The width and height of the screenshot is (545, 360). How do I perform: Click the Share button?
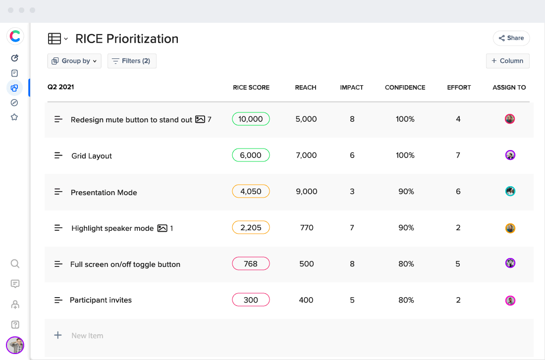(x=511, y=38)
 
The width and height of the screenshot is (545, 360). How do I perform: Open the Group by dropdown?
(x=74, y=61)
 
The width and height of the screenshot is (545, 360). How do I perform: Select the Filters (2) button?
(x=132, y=61)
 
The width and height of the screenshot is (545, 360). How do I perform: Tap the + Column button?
(x=507, y=61)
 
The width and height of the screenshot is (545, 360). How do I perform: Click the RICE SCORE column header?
(x=251, y=88)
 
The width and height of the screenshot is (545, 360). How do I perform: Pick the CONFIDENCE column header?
(x=405, y=88)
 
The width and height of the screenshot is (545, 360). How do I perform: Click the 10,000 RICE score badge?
(x=251, y=119)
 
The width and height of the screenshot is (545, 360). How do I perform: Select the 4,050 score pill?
(x=251, y=191)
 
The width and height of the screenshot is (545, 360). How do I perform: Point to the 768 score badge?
(x=251, y=264)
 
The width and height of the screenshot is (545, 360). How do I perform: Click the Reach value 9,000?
(x=306, y=192)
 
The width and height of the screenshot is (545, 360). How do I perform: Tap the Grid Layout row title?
(x=92, y=156)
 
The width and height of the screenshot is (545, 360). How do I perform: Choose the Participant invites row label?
(x=101, y=300)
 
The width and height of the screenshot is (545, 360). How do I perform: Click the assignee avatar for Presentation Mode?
(x=510, y=191)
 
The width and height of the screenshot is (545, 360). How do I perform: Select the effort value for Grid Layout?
(x=458, y=155)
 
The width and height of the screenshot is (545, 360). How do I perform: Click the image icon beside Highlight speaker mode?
(x=162, y=228)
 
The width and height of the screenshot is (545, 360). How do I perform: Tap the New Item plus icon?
(x=58, y=335)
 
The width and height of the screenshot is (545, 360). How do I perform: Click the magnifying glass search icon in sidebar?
(x=15, y=263)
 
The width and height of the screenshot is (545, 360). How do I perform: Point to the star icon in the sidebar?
(x=14, y=117)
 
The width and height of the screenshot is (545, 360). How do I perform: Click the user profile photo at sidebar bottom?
(x=15, y=345)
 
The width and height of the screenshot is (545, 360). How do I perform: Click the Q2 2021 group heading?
(x=60, y=87)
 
